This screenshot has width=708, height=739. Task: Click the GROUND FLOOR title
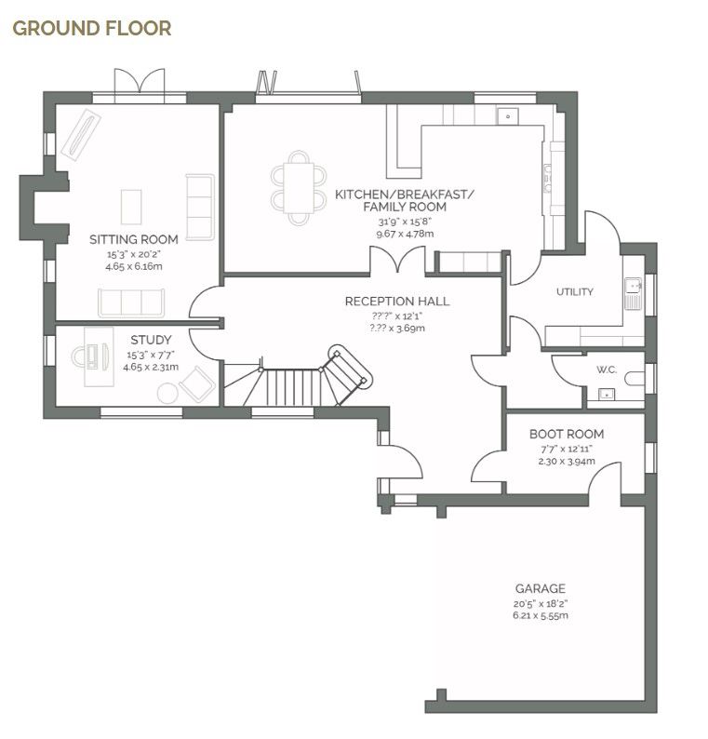click(x=91, y=28)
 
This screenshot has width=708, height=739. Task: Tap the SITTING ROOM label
click(x=133, y=239)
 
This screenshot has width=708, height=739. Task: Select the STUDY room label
click(x=150, y=340)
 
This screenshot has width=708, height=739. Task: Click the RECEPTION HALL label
click(x=396, y=302)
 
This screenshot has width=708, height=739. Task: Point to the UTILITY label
click(x=574, y=291)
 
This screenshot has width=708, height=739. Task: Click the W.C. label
click(x=607, y=369)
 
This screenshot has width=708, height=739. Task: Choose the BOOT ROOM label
click(x=566, y=434)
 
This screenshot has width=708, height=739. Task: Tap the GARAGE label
click(x=540, y=588)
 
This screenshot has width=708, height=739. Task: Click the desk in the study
click(x=96, y=366)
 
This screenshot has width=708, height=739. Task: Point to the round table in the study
click(x=167, y=393)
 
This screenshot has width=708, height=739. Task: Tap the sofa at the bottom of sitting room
click(x=130, y=302)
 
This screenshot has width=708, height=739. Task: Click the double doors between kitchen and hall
click(x=400, y=262)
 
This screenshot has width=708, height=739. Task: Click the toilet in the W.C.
click(x=635, y=378)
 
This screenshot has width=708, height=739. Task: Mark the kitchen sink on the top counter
click(x=508, y=115)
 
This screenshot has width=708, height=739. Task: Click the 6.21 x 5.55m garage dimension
click(x=540, y=615)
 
